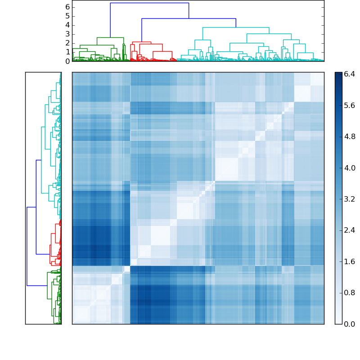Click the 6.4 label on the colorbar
tap(349, 74)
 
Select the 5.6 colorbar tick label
tap(349, 106)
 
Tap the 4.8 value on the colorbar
tap(349, 137)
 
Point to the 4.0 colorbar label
tap(349, 168)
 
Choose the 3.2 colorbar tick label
tap(349, 199)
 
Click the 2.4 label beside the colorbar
tap(349, 230)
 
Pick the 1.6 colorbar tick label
tap(349, 261)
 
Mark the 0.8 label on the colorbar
tap(349, 292)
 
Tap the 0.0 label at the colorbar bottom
tap(349, 324)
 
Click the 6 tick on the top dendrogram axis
tap(67, 7)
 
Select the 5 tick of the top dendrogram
tap(67, 16)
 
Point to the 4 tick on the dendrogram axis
tap(67, 25)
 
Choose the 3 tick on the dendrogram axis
tap(67, 34)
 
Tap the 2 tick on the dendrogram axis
tap(67, 43)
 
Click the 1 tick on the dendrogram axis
tap(67, 52)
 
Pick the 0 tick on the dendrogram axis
tap(67, 61)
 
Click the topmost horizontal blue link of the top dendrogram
tap(149, 3)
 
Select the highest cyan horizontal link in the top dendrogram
tap(236, 27)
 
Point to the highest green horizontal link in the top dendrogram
tap(110, 38)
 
